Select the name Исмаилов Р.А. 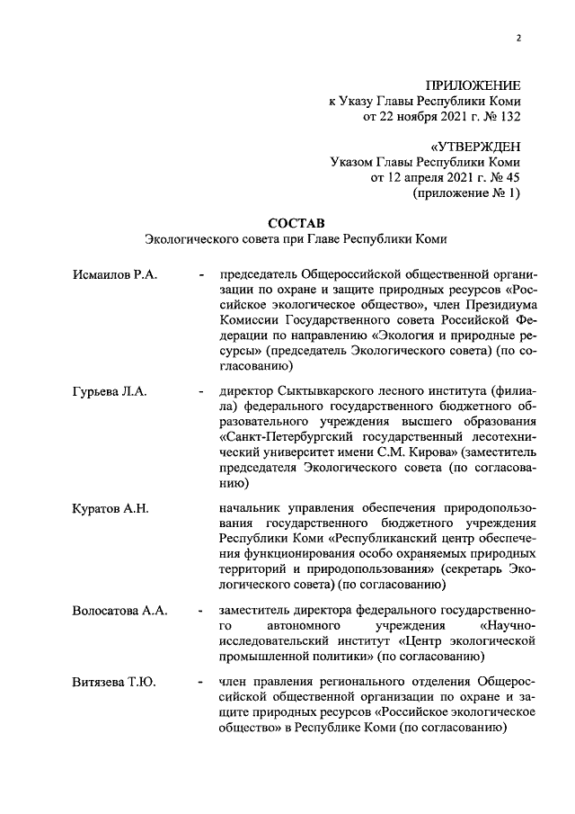[114, 274]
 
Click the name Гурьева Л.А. [109, 391]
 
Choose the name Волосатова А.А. [119, 611]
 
